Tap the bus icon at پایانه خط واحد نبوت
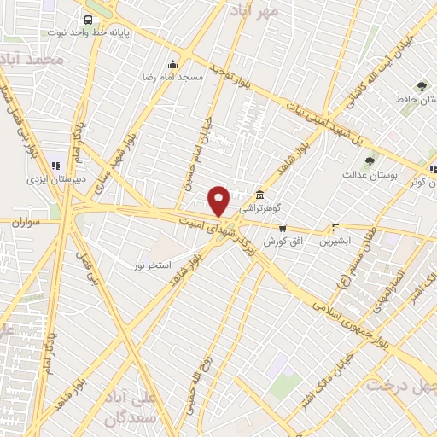coord(87,20)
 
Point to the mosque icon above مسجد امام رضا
coord(173,64)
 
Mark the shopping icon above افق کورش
coord(283,229)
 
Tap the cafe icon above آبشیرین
coord(335,229)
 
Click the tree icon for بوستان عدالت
coord(370,160)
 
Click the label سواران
coord(28,222)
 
